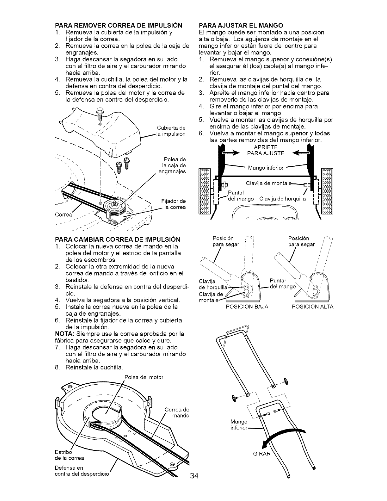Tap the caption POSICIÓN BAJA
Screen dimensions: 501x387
coord(247,307)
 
